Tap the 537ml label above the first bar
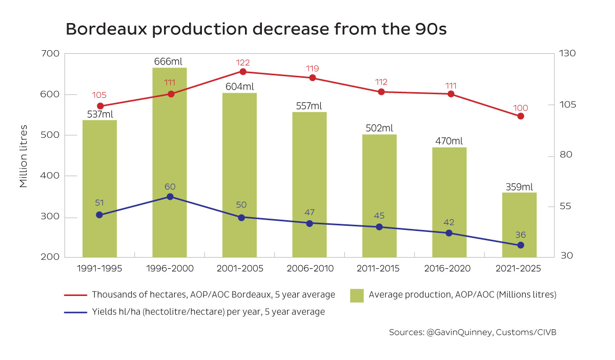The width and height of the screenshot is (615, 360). click(100, 114)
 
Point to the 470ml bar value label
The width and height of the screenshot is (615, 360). click(449, 141)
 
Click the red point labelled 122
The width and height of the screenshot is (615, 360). click(242, 72)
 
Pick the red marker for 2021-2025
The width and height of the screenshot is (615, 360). click(521, 116)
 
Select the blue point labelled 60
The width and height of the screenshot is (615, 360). click(170, 197)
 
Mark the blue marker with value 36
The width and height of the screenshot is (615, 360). click(521, 245)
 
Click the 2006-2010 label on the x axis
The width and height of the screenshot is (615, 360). click(310, 268)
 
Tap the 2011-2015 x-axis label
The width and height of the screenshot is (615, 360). click(379, 268)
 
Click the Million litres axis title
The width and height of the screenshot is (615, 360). click(24, 156)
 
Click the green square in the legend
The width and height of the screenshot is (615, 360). click(357, 295)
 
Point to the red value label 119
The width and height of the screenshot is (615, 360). click(313, 68)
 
